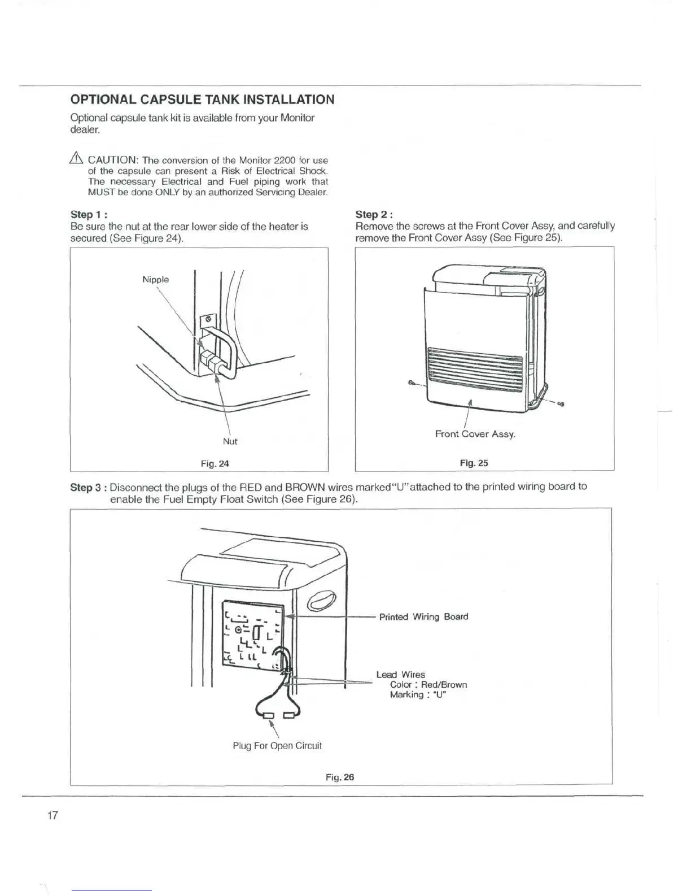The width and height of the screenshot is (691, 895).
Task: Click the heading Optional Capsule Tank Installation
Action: [x=202, y=100]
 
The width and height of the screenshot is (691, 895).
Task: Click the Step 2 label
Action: [x=374, y=214]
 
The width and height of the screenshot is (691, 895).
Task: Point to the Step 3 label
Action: [x=88, y=487]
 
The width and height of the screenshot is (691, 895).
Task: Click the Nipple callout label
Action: [x=155, y=280]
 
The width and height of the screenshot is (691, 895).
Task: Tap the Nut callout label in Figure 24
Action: [x=230, y=441]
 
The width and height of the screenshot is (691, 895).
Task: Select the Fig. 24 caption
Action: [x=215, y=464]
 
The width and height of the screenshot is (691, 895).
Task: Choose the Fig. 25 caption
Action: [x=474, y=463]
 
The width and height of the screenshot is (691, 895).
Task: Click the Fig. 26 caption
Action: [x=339, y=777]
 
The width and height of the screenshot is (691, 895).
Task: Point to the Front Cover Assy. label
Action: [x=475, y=434]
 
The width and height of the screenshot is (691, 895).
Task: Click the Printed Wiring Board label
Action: [x=423, y=616]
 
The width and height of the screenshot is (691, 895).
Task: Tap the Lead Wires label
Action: [x=400, y=675]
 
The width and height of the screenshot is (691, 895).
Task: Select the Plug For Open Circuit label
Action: [x=277, y=746]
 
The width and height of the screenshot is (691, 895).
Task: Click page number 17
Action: [x=53, y=815]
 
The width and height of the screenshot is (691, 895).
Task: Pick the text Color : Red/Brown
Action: [x=428, y=685]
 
